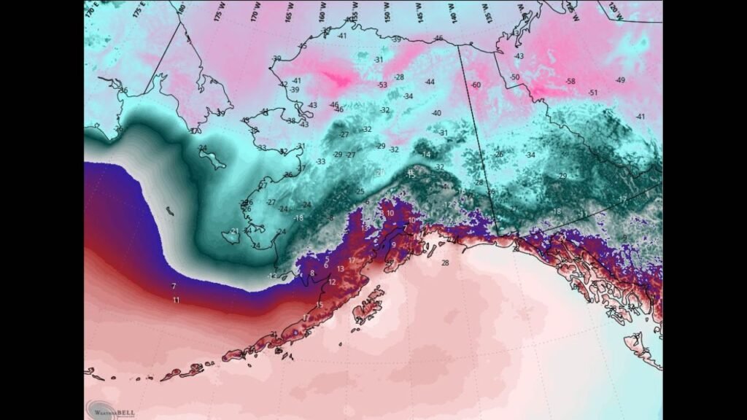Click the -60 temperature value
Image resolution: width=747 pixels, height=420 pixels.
tap(476, 85)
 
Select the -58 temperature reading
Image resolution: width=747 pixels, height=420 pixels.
tap(570, 81)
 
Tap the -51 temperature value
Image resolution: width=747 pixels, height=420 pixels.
tap(593, 93)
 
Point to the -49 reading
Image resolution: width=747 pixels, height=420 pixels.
tap(620, 80)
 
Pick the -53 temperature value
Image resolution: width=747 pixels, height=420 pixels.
tap(382, 85)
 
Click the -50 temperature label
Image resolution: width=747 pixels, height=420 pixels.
tap(515, 77)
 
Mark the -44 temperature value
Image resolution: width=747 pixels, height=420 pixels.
tap(430, 82)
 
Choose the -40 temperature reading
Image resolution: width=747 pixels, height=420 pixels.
tap(436, 113)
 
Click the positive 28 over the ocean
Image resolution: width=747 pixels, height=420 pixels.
tap(445, 262)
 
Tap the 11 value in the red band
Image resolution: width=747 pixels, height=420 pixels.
tap(176, 300)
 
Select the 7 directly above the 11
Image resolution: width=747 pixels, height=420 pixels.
tap(174, 285)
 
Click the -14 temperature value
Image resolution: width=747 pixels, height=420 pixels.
tap(426, 155)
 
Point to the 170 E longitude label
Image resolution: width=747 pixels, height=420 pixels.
tap(90, 9)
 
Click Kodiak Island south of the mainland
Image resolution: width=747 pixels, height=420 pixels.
tap(369, 304)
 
